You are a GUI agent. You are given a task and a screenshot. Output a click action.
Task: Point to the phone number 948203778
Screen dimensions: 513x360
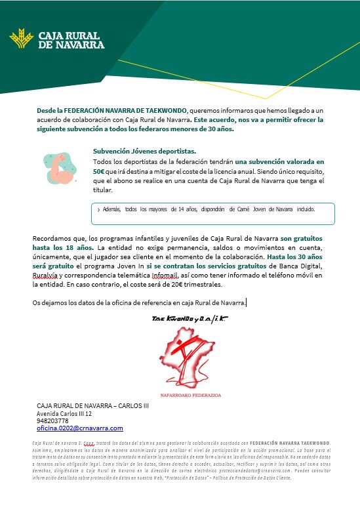pyautogui.click(x=52, y=421)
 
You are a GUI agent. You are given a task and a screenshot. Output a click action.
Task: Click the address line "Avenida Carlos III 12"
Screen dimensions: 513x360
pyautogui.click(x=64, y=414)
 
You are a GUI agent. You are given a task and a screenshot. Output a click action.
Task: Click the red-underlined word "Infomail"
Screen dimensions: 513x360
pyautogui.click(x=169, y=276)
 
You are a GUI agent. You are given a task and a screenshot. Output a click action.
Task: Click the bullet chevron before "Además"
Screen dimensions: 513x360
pyautogui.click(x=98, y=210)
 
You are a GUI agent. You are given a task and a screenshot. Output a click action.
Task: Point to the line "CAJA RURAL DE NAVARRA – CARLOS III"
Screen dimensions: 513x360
pyautogui.click(x=92, y=406)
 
